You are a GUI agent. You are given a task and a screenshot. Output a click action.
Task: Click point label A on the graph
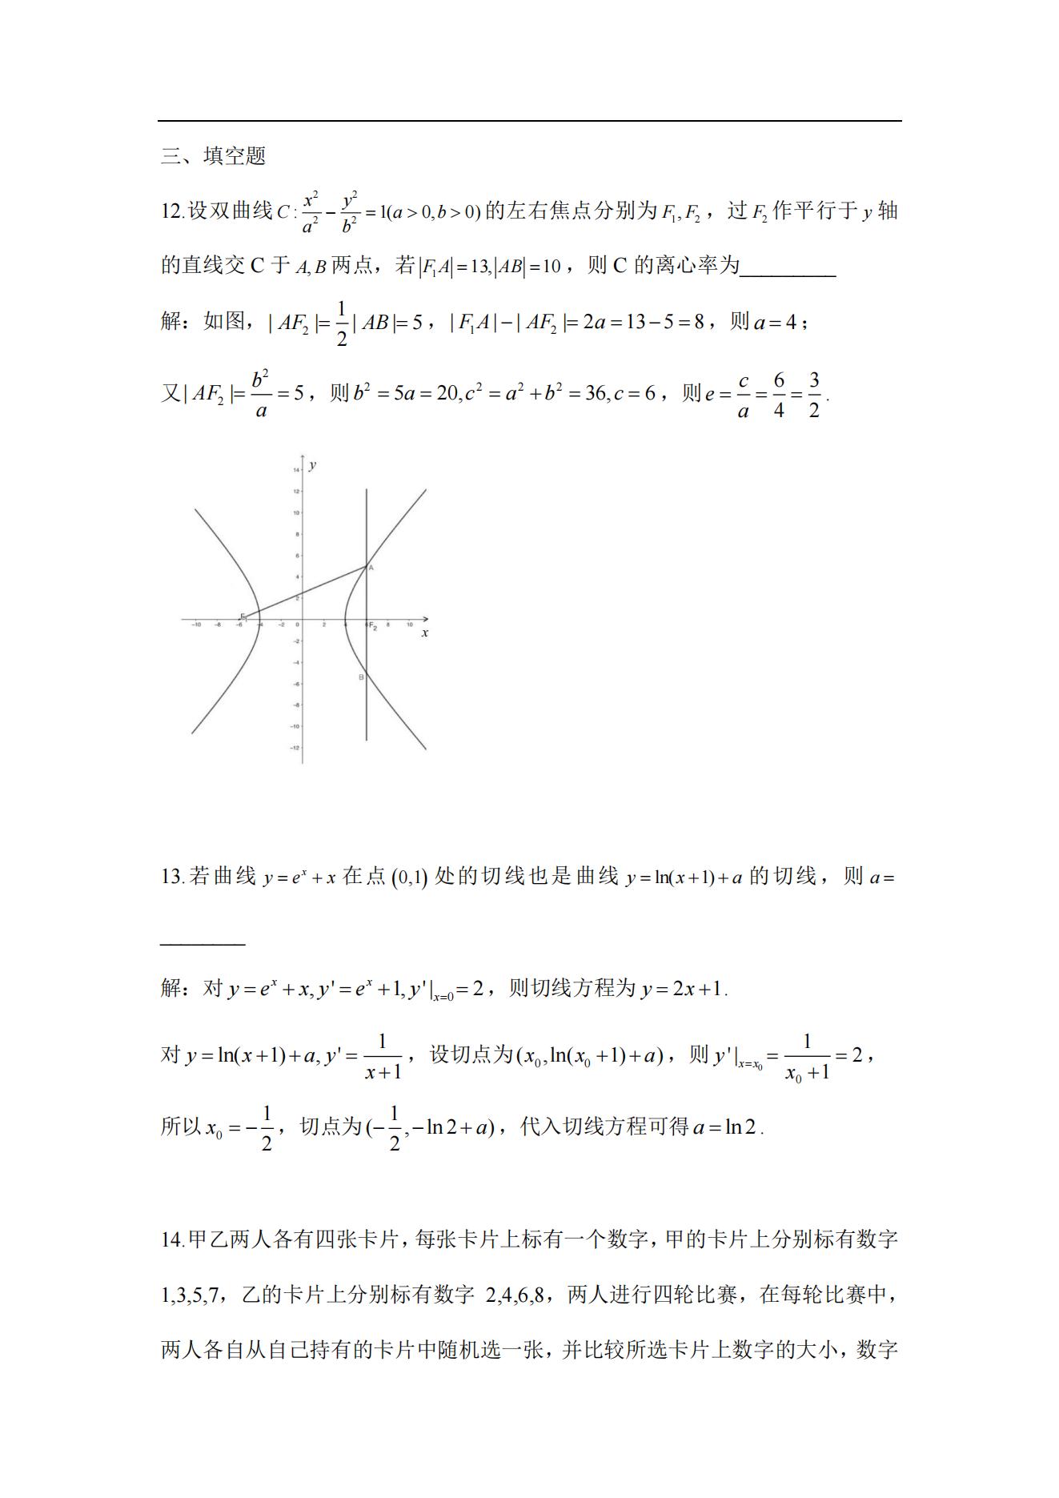[x=371, y=567]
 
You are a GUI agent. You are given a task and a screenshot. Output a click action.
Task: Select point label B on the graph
[x=361, y=677]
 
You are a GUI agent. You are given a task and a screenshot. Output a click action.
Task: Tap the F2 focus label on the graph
[x=373, y=626]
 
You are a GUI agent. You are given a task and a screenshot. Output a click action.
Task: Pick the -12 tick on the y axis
[x=295, y=748]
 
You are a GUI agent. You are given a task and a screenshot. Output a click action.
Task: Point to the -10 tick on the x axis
[x=196, y=625]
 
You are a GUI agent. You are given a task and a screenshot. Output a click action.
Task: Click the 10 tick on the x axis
[x=409, y=625]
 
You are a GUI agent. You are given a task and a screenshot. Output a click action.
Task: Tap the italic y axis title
[x=312, y=465]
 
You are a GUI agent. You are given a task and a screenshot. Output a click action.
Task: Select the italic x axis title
[x=424, y=633]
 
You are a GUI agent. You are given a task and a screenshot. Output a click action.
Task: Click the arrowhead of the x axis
[x=425, y=619]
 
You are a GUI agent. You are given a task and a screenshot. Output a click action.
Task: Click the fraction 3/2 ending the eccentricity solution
[x=813, y=395]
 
